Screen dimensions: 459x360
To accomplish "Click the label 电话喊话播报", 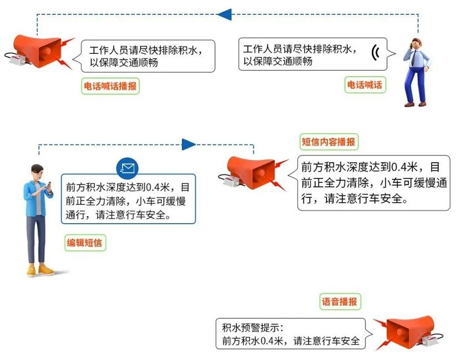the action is (110, 86).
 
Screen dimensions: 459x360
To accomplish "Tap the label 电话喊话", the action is (365, 85).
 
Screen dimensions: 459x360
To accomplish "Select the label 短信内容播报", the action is (328, 142).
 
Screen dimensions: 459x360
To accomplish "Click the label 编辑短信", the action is (84, 242).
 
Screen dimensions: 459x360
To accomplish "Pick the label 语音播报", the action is (340, 302).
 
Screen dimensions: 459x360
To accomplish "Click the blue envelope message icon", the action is (127, 168).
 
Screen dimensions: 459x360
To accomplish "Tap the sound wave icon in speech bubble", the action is (375, 53).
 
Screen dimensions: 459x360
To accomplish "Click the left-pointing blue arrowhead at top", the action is (225, 14).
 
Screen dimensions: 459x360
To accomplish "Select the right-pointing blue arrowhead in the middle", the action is (189, 144).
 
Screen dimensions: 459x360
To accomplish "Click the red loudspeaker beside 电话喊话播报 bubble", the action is (41, 52).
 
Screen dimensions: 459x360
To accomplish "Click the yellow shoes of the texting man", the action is (40, 269).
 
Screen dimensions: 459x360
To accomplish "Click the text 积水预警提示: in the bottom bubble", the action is (253, 327).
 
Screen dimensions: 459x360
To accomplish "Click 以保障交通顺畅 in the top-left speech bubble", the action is (124, 62).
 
